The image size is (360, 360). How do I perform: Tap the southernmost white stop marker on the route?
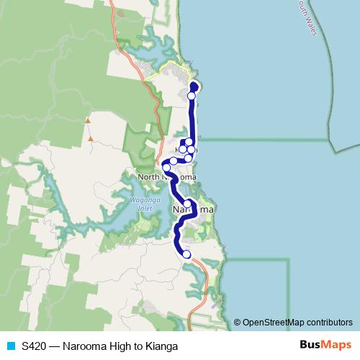tap(186, 254)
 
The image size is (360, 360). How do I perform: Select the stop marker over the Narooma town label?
tap(188, 204)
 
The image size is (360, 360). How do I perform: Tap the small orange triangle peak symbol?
tap(89, 120)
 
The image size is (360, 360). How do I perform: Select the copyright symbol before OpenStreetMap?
tap(238, 323)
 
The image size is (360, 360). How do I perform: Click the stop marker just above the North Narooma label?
tap(166, 168)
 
